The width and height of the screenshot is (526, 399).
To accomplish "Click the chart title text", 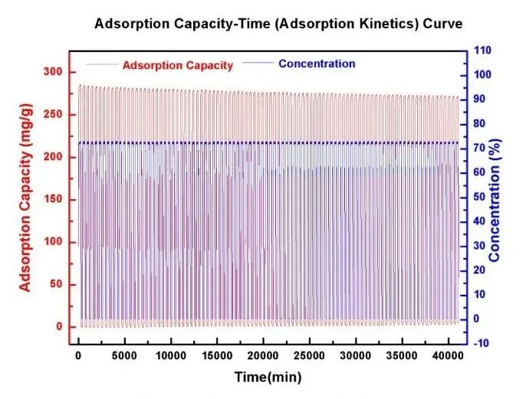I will click(278, 24).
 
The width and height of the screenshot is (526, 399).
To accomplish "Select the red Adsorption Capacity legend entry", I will click(177, 65).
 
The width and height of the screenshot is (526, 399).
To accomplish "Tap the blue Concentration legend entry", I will click(317, 64).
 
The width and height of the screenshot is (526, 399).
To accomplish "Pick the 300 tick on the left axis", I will click(53, 72).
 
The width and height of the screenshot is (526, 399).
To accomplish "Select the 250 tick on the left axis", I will click(53, 115).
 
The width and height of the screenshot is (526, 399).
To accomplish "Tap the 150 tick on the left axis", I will click(53, 200).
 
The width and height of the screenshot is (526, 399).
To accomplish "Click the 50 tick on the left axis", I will click(56, 285).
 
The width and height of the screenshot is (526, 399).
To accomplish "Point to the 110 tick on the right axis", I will click(482, 51).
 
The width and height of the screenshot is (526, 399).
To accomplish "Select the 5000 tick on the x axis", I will click(124, 357).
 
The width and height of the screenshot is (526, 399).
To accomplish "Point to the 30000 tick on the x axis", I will click(356, 357).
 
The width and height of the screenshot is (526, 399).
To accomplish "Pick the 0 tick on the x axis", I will click(78, 357).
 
